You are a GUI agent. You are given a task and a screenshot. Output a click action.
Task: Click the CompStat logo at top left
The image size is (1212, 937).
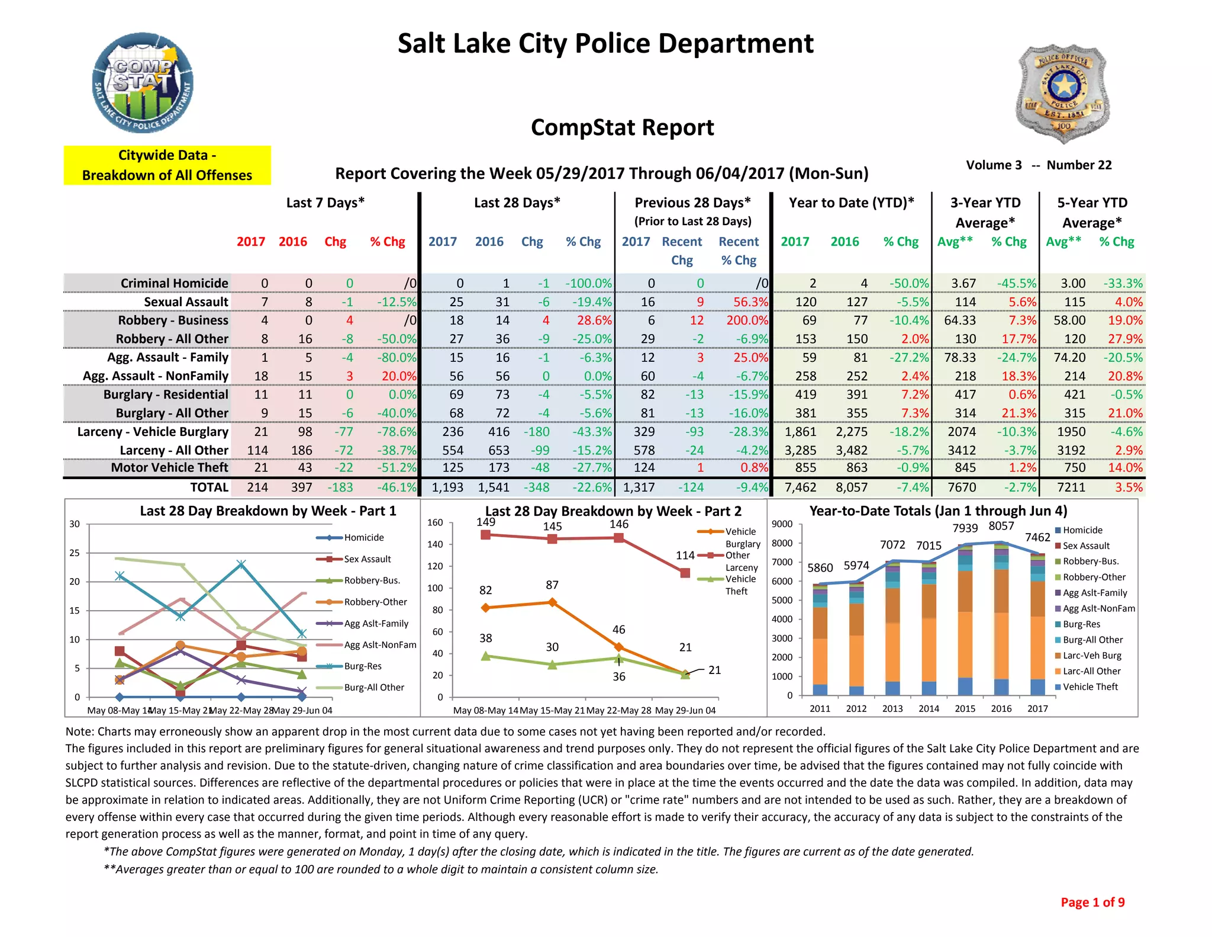(143, 83)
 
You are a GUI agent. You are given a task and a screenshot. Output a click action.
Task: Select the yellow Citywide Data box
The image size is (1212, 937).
(167, 165)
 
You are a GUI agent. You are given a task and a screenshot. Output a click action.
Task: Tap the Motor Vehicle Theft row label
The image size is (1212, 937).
(169, 468)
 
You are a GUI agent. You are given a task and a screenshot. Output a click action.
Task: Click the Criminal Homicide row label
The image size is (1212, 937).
(174, 283)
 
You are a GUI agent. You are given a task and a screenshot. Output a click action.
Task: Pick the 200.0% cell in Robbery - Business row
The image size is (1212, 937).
(747, 320)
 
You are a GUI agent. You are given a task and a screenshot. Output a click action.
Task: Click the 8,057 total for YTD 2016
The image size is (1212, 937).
(852, 487)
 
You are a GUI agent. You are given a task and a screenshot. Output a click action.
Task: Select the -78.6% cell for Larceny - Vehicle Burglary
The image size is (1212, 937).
(397, 432)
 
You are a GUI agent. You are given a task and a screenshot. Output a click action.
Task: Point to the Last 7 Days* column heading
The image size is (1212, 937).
(325, 203)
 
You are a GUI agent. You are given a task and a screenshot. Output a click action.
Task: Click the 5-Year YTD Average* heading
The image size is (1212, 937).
(1092, 212)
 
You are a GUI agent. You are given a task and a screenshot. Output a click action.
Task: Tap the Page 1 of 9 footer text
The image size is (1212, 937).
(1092, 902)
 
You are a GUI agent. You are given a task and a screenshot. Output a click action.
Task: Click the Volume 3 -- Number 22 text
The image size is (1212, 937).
(1039, 165)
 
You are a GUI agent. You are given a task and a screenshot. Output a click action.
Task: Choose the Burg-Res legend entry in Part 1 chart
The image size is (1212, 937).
(362, 666)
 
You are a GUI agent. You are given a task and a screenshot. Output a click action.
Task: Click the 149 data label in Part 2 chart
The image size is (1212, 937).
(485, 522)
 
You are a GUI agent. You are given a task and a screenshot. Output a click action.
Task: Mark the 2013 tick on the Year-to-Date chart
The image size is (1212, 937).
(892, 708)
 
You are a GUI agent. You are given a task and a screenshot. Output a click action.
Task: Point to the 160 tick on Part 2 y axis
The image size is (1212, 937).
(435, 522)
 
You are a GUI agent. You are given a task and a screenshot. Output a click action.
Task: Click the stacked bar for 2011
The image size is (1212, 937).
(820, 640)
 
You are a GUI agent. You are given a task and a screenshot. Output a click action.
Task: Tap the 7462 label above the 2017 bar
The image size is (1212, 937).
(1037, 537)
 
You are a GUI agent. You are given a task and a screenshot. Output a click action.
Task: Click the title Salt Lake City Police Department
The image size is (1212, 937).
(605, 43)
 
